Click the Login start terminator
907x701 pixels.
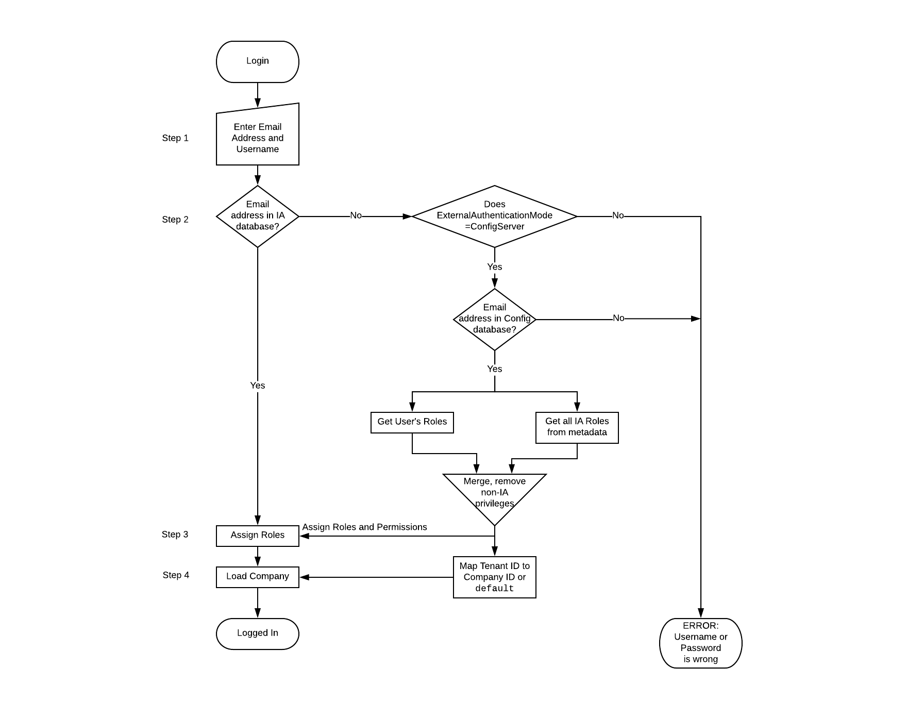point(257,61)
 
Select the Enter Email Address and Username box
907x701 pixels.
point(257,137)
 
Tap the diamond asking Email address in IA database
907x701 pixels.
point(257,216)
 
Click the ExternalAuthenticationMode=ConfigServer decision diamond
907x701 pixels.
point(494,216)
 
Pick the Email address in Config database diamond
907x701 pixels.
point(494,319)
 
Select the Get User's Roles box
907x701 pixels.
point(412,422)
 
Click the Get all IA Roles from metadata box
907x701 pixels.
point(577,427)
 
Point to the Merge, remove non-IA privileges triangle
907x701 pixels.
point(494,492)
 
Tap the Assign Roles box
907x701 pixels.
point(257,536)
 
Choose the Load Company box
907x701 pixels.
point(257,577)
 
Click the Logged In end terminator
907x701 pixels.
point(257,633)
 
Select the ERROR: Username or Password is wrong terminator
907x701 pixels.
point(700,643)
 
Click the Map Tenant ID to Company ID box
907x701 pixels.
point(494,577)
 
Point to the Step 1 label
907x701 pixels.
point(175,138)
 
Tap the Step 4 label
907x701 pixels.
point(176,575)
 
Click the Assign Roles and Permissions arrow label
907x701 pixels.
point(364,527)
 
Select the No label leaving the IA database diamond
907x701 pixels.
point(356,215)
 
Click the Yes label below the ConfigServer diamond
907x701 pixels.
point(494,267)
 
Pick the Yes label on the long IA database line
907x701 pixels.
point(257,386)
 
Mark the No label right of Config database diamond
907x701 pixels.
point(618,319)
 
